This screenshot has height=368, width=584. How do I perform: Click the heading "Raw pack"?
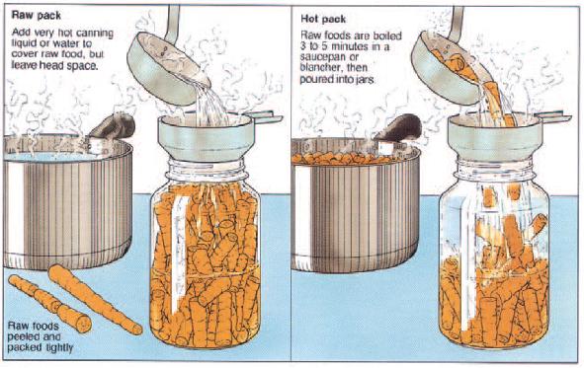37,15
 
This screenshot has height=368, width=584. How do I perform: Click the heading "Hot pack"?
323,19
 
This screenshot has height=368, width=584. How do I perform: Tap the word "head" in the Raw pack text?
46,65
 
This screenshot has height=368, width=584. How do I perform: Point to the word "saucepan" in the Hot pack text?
320,57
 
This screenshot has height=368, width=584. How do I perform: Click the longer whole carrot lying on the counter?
94,298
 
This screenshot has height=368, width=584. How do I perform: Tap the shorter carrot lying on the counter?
49,303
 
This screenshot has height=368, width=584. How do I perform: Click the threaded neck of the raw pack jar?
206,172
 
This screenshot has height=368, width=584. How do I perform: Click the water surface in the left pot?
48,156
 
